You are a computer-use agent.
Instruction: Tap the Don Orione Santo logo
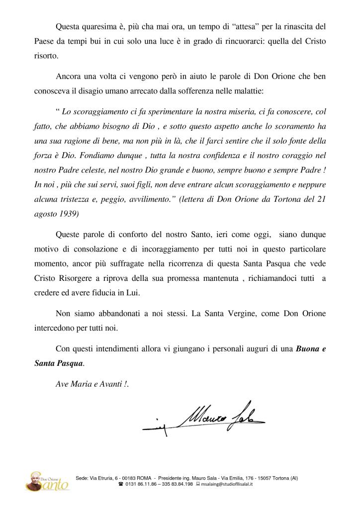pos(48,480)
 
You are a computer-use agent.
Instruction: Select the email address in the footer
pos(227,484)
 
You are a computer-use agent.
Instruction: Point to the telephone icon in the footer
pos(121,484)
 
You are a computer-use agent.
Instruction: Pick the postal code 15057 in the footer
pos(265,478)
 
